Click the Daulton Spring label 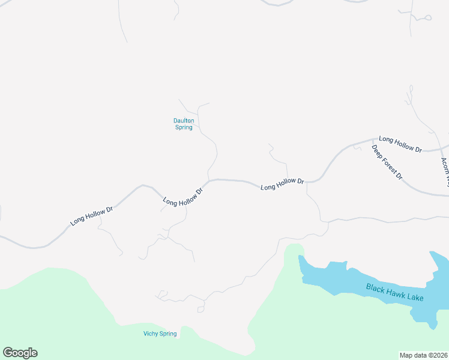click(184, 124)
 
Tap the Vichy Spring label click(160, 334)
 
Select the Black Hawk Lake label click(395, 292)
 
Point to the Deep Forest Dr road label click(386, 163)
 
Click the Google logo click(20, 353)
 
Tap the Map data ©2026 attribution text click(424, 355)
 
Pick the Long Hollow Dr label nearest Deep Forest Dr click(400, 143)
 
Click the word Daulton click(184, 121)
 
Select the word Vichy click(151, 334)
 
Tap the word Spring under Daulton click(184, 127)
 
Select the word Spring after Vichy click(168, 334)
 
